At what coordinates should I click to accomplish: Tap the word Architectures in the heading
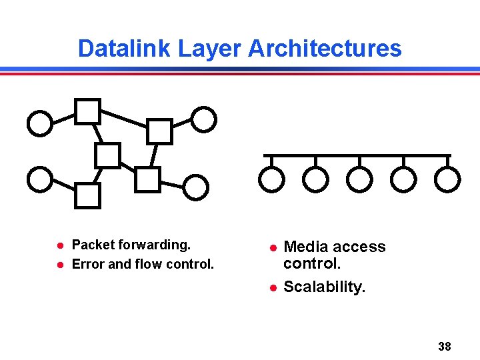coord(325,49)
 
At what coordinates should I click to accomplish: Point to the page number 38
coord(445,346)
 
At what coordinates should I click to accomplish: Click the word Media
coord(305,247)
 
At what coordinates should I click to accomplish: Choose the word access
coord(358,247)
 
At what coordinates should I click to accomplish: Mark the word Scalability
coord(325,287)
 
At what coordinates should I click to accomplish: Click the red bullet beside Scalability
coord(272,288)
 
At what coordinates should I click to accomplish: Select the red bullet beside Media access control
coord(272,248)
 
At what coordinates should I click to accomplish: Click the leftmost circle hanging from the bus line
coord(271,178)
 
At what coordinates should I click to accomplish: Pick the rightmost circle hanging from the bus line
coord(447,178)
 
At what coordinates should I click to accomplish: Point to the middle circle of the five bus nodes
coord(359,178)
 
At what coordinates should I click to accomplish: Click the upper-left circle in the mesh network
coord(40,123)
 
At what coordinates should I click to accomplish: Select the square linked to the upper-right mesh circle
coord(159,131)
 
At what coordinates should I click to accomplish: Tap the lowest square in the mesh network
coord(87,196)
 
